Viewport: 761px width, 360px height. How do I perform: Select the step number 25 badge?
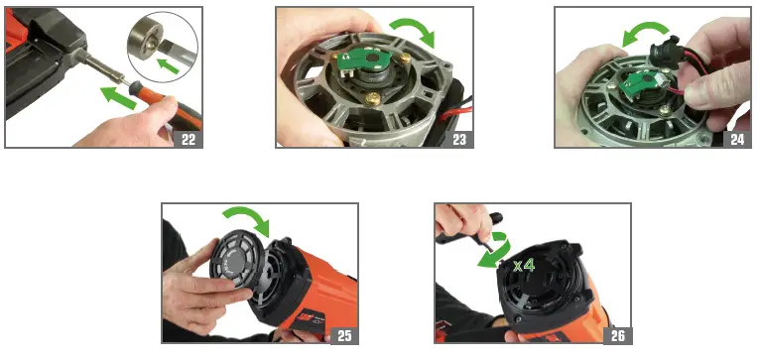(344, 334)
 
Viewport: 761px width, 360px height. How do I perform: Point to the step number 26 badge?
(616, 334)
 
